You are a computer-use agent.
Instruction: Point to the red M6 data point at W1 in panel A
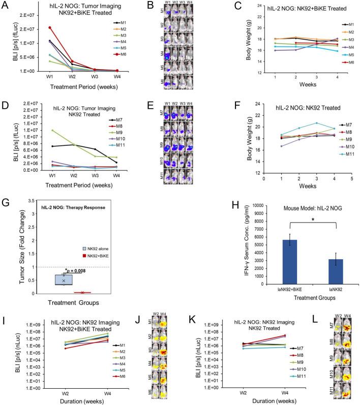pos(35,27)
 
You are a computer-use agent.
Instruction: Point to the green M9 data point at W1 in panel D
pos(35,130)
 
